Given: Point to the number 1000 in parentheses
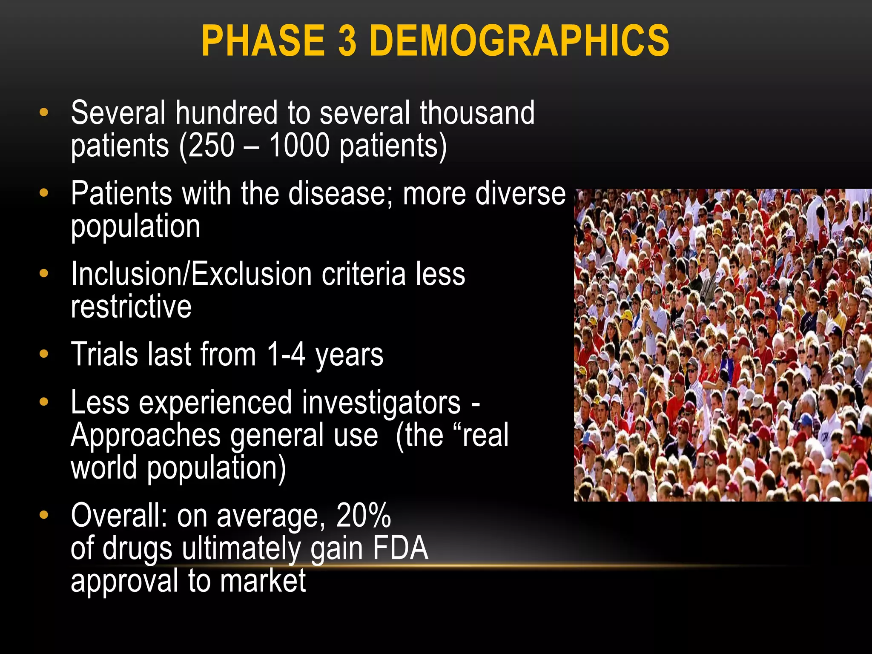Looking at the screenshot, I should coord(299,146).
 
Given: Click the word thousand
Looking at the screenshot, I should coord(477,113).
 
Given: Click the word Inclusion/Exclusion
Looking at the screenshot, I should coord(191,274).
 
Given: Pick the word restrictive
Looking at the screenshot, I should coord(131,307).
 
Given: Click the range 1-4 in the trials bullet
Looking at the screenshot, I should coord(286,354).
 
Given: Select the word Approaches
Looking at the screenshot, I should coord(146,436).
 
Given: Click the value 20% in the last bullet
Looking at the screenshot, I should coord(363,515).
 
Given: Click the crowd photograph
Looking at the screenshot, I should coord(723,345).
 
